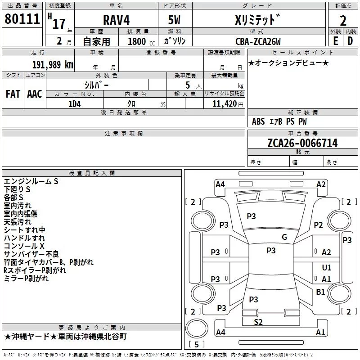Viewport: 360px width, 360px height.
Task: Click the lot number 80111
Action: point(22,18)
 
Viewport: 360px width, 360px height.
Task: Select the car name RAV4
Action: point(116,21)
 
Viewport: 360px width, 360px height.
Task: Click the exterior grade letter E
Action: point(335,40)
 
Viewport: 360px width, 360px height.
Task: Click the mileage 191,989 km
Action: point(53,64)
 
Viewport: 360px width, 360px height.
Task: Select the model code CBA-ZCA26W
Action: point(258,41)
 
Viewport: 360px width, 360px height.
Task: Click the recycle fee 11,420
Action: point(224,103)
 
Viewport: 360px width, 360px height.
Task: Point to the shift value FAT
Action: point(13,94)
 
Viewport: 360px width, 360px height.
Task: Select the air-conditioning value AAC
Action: point(34,94)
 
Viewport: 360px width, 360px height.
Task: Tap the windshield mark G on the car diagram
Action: point(284,237)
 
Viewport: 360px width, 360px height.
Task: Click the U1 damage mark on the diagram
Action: point(326,268)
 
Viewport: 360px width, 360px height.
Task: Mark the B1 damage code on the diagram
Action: point(320,292)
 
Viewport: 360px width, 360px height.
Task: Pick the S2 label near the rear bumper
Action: point(258,321)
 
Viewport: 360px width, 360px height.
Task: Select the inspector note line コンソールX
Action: point(24,246)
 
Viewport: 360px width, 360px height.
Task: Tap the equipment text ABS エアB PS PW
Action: point(279,121)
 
